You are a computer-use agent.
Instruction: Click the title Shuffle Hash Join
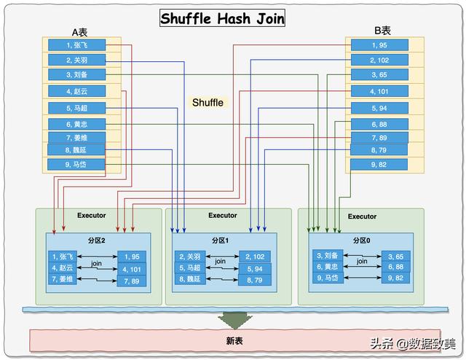222,19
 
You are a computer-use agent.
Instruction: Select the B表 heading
382,31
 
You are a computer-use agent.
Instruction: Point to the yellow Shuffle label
208,103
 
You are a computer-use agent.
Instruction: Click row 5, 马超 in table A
77,108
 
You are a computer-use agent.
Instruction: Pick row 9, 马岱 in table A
77,165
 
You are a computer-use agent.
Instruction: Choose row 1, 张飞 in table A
77,45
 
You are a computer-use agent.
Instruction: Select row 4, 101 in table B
379,91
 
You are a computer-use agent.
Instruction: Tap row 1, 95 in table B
379,45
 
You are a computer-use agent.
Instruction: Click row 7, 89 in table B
379,138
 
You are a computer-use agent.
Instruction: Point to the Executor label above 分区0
362,216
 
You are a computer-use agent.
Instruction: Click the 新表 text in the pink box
234,340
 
